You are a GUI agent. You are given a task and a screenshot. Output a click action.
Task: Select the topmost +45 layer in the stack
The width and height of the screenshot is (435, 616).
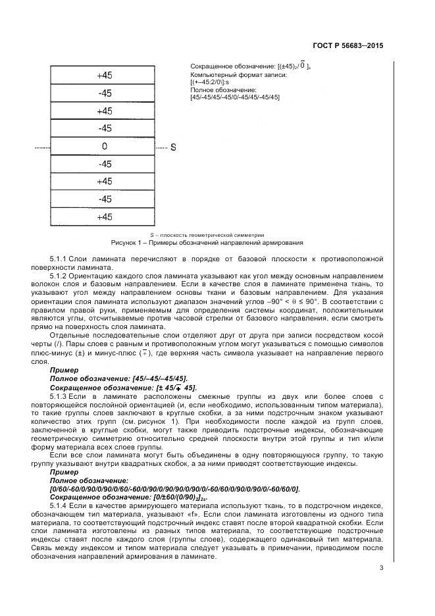click(104, 76)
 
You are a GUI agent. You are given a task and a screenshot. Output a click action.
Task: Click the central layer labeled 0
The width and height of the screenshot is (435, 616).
click(104, 146)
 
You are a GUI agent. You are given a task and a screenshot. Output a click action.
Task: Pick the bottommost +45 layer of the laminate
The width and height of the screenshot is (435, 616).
click(104, 217)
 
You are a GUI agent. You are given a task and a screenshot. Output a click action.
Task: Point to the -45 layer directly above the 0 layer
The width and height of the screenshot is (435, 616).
click(104, 128)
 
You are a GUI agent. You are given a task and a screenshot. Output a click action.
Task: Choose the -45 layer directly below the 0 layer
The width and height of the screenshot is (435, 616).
click(104, 164)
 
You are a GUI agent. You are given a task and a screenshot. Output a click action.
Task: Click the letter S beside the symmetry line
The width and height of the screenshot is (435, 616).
click(173, 147)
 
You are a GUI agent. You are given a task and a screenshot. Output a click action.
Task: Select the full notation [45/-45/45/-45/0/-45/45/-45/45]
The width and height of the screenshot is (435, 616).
click(234, 97)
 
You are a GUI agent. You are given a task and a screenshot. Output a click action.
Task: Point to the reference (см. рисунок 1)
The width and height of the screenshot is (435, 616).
click(155, 419)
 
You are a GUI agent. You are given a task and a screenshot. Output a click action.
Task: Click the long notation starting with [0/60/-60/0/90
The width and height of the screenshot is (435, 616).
click(174, 488)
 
